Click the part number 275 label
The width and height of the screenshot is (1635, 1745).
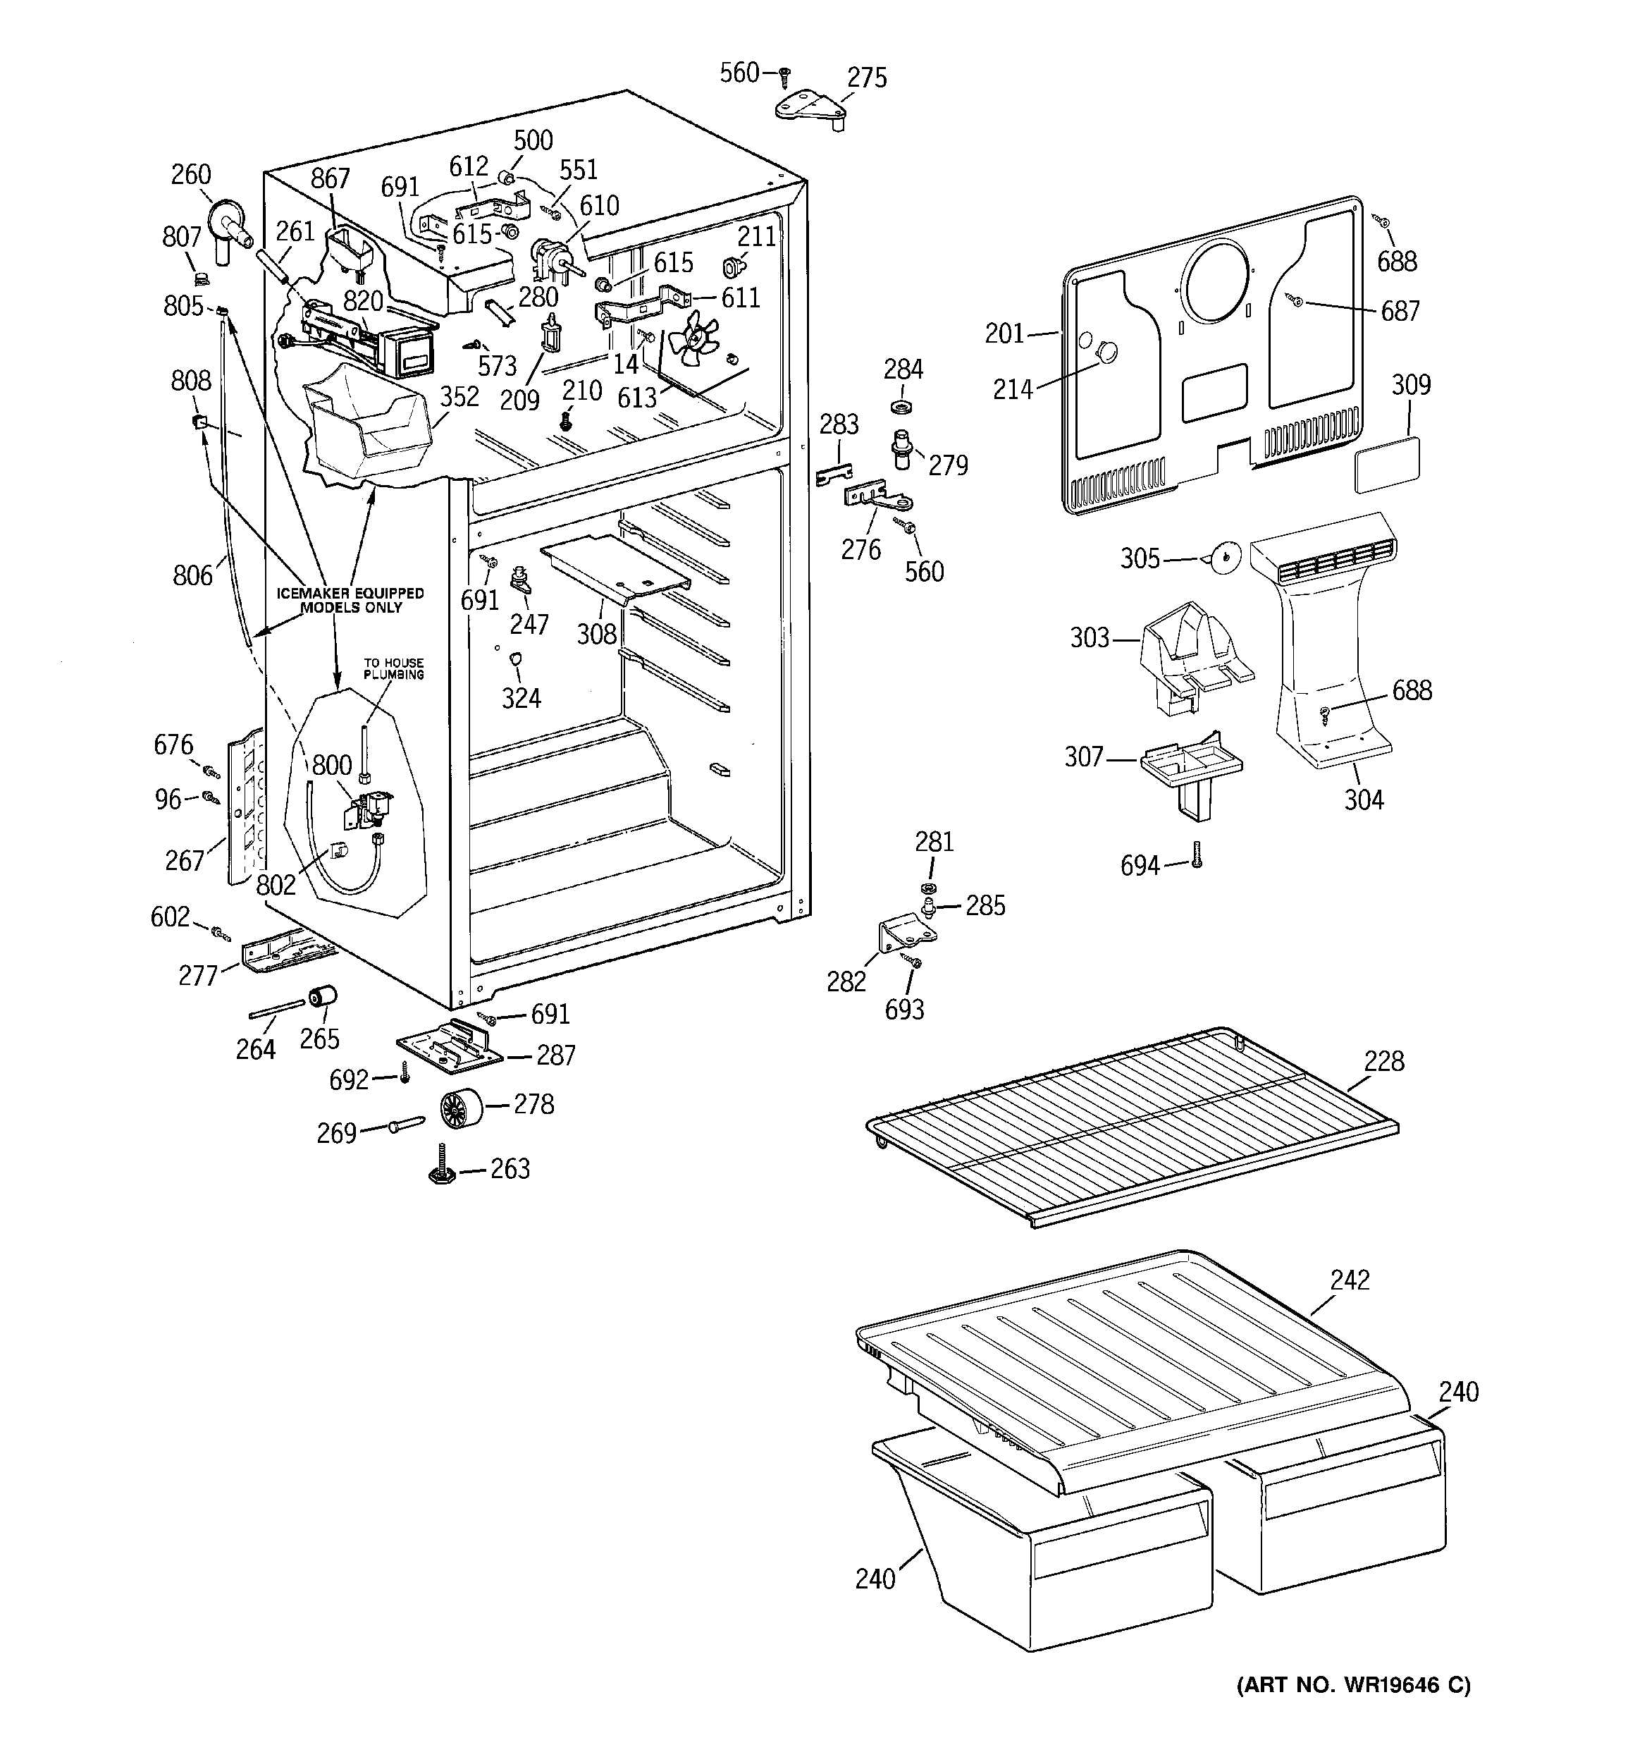(866, 78)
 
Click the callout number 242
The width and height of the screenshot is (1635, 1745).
(1349, 1280)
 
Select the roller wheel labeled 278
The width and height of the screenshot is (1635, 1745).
(462, 1108)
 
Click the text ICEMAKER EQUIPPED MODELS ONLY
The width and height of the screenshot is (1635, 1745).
(350, 601)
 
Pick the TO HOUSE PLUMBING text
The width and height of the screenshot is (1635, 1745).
(394, 669)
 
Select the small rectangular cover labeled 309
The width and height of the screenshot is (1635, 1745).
(1388, 465)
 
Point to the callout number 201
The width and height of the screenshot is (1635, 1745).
(1005, 333)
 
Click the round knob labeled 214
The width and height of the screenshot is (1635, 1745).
(1108, 353)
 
